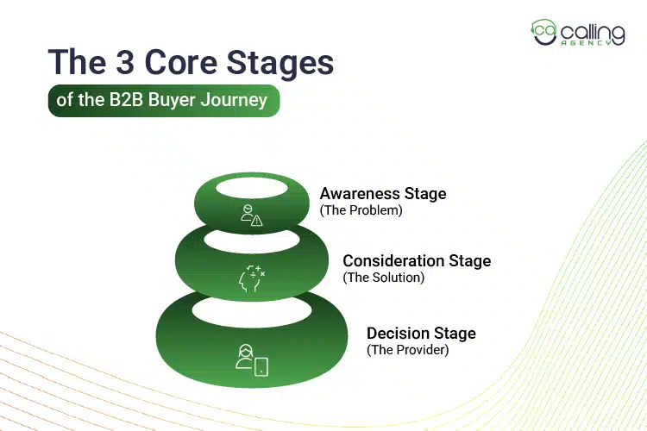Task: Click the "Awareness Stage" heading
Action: pos(383,194)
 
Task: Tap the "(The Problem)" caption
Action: pos(361,210)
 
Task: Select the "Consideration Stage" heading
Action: pos(417,261)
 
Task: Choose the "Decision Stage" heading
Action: pos(421,334)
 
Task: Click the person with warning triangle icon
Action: pos(251,216)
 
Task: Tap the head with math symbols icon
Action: pos(251,278)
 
